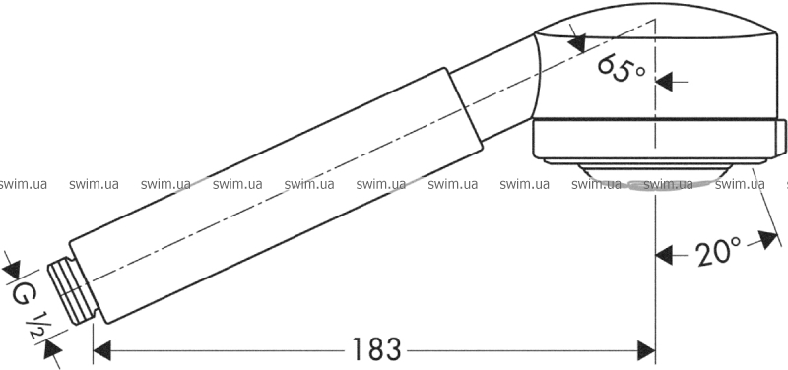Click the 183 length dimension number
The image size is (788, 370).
pos(376,349)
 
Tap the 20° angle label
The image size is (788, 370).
pos(719,251)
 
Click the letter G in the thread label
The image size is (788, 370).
pos(21,294)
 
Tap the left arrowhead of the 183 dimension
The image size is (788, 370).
pos(102,350)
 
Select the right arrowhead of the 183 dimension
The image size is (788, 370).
pos(646,350)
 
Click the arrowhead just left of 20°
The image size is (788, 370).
pos(664,256)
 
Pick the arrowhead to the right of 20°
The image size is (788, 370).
pos(769,239)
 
